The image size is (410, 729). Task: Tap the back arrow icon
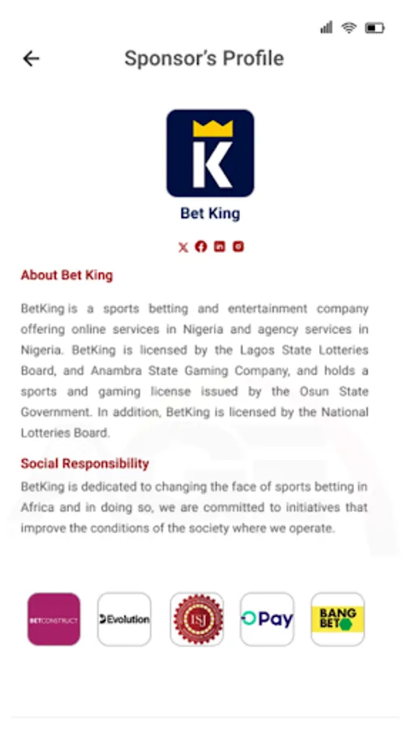[x=31, y=58]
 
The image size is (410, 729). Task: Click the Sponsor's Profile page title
[x=204, y=58]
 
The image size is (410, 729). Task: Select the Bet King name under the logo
[x=210, y=214]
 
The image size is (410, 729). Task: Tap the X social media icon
[x=183, y=247]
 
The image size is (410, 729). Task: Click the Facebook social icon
[x=201, y=247]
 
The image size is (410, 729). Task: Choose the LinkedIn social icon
[x=220, y=247]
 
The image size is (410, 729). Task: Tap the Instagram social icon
[x=238, y=247]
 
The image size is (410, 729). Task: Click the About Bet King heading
[x=66, y=275]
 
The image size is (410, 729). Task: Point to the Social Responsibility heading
[x=85, y=463]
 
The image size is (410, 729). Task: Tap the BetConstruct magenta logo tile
[x=54, y=620]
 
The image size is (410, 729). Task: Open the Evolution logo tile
[x=124, y=620]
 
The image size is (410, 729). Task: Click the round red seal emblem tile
[x=196, y=620]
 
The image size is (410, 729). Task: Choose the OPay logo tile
[x=267, y=620]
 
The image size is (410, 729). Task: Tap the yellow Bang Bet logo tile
[x=337, y=620]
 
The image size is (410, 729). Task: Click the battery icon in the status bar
[x=374, y=28]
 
